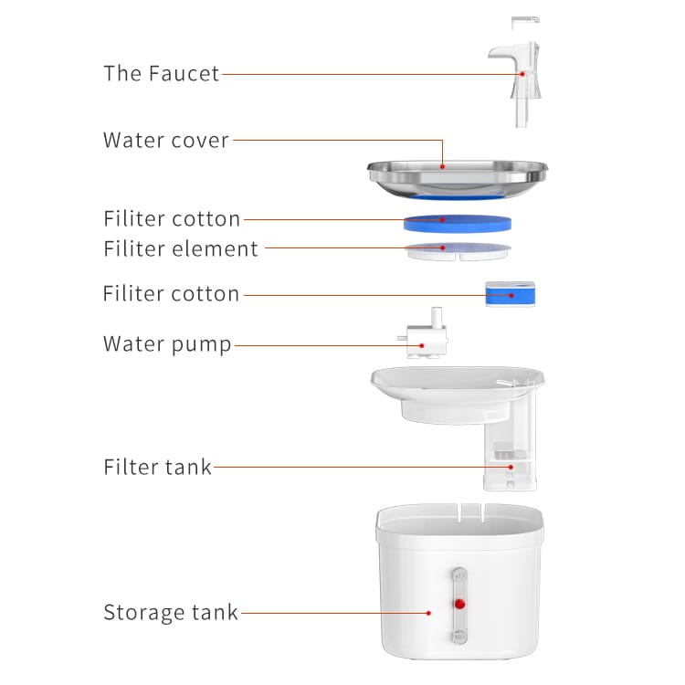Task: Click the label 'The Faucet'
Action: pyautogui.click(x=161, y=73)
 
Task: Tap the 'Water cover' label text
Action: pyautogui.click(x=166, y=141)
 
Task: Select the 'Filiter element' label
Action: pyautogui.click(x=181, y=248)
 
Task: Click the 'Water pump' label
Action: pyautogui.click(x=167, y=344)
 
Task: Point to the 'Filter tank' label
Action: pyautogui.click(x=157, y=467)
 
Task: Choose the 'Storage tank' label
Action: pyautogui.click(x=171, y=613)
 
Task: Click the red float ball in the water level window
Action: pyautogui.click(x=459, y=604)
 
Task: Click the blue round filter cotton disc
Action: pyautogui.click(x=458, y=223)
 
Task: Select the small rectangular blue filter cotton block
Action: pyautogui.click(x=511, y=294)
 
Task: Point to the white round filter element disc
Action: pyautogui.click(x=458, y=252)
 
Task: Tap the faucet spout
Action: pyautogui.click(x=502, y=54)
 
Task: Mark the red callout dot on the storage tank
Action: pyautogui.click(x=429, y=613)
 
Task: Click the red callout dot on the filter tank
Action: pyautogui.click(x=511, y=467)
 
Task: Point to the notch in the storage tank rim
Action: pyautogui.click(x=472, y=513)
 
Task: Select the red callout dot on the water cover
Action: pyautogui.click(x=443, y=166)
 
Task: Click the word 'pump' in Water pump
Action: pyautogui.click(x=202, y=345)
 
